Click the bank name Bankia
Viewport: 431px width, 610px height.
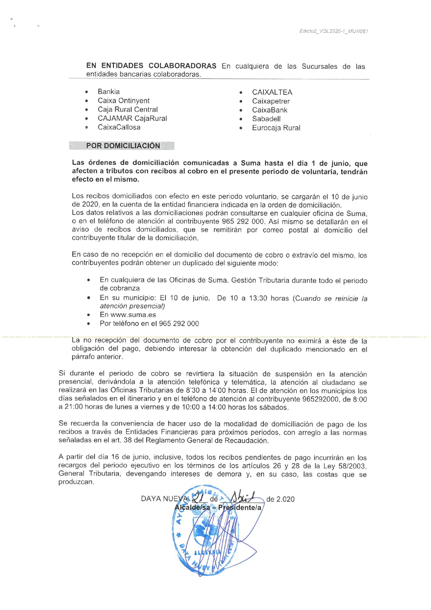108,92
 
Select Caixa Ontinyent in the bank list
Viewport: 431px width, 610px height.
123,101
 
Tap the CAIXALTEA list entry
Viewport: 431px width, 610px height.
272,92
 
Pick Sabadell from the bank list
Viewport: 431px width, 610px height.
266,119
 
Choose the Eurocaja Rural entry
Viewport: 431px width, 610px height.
276,128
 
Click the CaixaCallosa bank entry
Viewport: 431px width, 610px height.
119,127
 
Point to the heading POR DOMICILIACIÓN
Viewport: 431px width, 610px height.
123,146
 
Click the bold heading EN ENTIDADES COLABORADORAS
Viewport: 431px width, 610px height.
151,65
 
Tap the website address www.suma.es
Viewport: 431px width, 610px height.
133,315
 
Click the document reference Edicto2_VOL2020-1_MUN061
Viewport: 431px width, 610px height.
333,31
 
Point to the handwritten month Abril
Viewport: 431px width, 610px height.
243,497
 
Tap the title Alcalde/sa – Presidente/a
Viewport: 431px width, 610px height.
218,507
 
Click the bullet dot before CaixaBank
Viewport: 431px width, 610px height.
241,110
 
